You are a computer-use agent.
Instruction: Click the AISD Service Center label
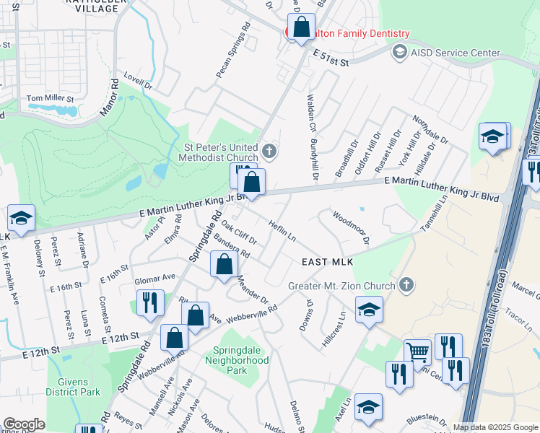pyautogui.click(x=456, y=53)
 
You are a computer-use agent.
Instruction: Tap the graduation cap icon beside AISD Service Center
pyautogui.click(x=399, y=53)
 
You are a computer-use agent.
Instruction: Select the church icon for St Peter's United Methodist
pyautogui.click(x=269, y=152)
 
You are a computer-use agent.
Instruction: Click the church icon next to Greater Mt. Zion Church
pyautogui.click(x=406, y=285)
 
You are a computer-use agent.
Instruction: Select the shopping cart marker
pyautogui.click(x=417, y=353)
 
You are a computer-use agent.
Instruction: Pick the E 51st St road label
pyautogui.click(x=331, y=58)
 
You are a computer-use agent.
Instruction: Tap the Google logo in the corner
pyautogui.click(x=23, y=424)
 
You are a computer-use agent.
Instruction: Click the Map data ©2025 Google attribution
pyautogui.click(x=495, y=427)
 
